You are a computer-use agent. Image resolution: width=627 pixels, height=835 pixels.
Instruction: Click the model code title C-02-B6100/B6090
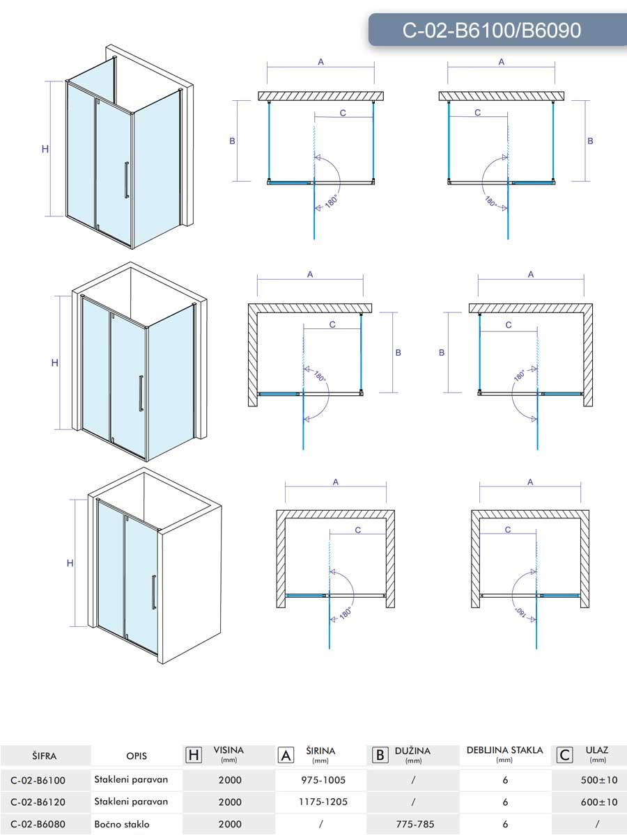click(491, 30)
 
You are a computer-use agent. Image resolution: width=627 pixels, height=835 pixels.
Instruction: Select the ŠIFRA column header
click(44, 756)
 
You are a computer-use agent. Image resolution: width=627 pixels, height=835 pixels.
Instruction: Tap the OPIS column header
click(137, 756)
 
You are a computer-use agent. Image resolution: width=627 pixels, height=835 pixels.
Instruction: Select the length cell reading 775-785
click(415, 824)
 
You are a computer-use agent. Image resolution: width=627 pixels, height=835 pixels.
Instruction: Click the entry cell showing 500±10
click(598, 780)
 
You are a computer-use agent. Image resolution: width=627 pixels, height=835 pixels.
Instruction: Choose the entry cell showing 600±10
click(598, 802)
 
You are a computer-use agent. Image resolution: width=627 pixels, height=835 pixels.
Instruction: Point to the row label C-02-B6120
click(38, 802)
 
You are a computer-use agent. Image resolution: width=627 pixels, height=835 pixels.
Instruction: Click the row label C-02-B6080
click(38, 824)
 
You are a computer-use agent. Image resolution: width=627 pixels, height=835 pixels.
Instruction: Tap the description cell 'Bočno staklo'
click(122, 824)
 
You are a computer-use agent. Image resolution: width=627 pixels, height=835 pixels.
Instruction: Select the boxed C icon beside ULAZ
click(565, 755)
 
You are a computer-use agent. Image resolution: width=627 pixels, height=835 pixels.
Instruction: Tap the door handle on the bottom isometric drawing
click(154, 593)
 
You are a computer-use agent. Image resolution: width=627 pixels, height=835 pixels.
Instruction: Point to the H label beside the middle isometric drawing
click(54, 363)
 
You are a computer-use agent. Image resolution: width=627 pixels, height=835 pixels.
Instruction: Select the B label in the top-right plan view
click(590, 141)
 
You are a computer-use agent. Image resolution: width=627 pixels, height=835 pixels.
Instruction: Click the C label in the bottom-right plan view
click(508, 530)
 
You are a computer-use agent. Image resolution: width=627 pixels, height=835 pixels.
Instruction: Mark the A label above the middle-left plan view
click(310, 274)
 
